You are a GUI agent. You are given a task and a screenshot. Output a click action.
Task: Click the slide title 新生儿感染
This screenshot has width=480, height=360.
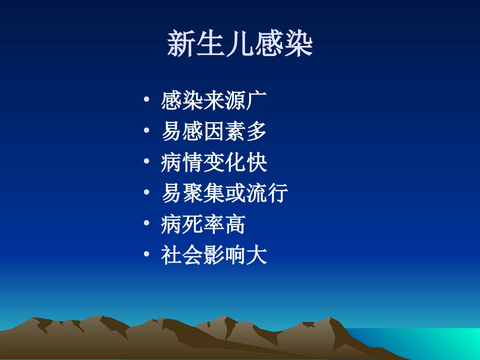click(240, 44)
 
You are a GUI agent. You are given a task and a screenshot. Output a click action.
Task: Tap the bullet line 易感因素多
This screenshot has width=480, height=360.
click(214, 132)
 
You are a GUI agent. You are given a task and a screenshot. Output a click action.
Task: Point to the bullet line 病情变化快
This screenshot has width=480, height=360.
click(214, 163)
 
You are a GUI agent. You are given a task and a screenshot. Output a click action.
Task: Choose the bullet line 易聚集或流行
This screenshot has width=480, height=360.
click(224, 193)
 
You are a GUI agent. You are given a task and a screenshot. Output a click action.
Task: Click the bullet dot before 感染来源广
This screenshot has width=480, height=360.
click(146, 99)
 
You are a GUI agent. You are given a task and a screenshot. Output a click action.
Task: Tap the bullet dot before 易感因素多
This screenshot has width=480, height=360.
click(146, 130)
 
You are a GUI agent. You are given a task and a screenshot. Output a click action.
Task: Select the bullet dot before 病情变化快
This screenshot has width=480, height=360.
click(146, 161)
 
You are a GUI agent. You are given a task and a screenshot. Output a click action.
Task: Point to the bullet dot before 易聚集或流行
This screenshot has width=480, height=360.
click(146, 192)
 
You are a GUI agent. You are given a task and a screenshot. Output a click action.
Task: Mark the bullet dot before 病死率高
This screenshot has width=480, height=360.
click(146, 223)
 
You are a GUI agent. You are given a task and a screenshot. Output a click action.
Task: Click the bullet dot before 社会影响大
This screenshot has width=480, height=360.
click(146, 254)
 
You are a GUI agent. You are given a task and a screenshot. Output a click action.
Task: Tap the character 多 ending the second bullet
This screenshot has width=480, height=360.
click(256, 132)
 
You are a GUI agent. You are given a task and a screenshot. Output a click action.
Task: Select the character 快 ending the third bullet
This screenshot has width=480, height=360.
click(256, 163)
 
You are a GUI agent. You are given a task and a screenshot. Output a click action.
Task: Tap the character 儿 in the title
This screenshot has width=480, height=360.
click(240, 44)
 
